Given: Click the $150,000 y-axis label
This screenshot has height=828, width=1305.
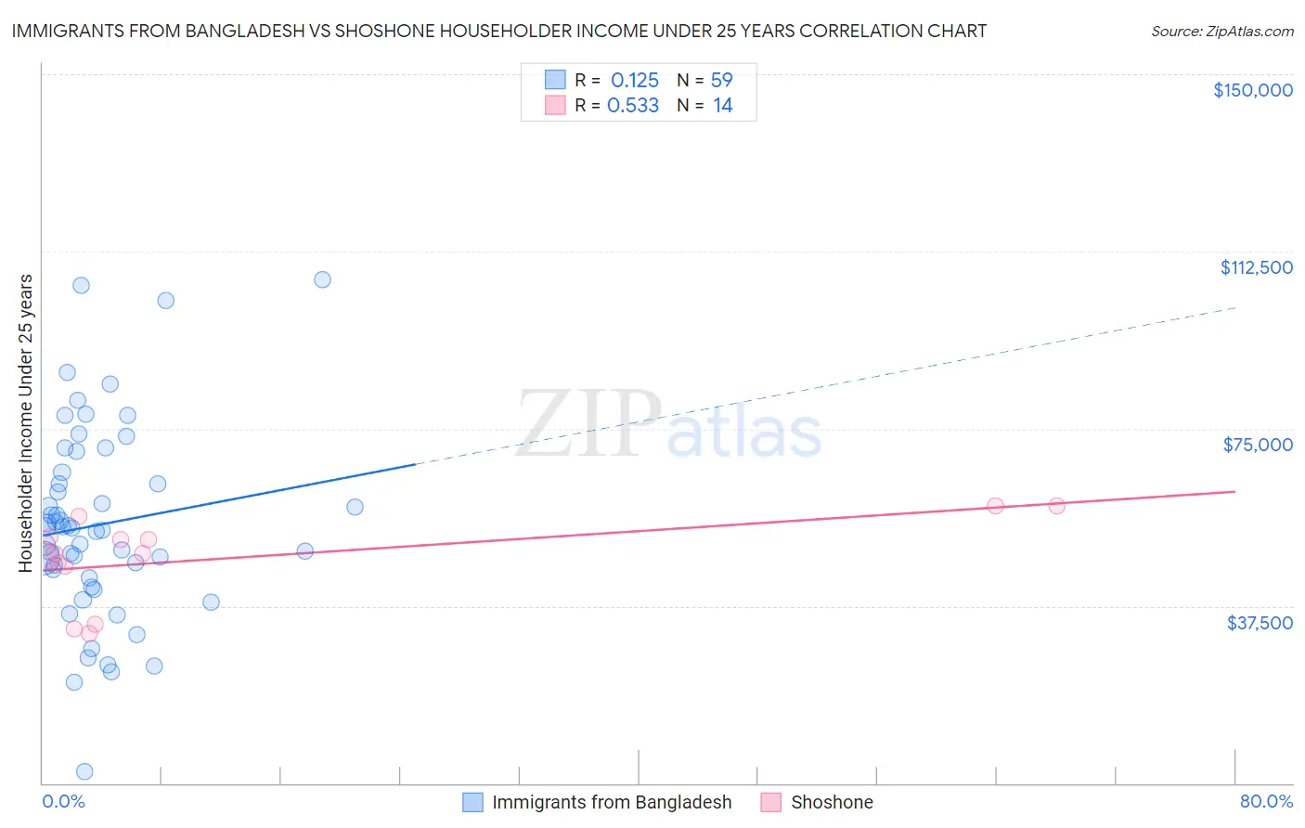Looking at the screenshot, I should [1252, 90].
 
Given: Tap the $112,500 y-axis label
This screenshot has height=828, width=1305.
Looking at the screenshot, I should [1256, 267].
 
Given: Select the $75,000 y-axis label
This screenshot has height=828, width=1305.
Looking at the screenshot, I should [1258, 445].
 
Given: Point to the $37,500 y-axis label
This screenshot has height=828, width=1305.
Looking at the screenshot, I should [1260, 623].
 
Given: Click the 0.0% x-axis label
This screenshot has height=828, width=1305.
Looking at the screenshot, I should [63, 802].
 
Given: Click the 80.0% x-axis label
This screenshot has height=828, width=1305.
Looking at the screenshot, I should [1266, 802].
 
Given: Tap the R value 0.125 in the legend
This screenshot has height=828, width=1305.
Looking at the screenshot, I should [635, 81].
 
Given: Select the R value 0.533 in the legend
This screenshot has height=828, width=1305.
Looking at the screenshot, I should [633, 106].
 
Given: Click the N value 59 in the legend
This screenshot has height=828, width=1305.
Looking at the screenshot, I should [722, 81].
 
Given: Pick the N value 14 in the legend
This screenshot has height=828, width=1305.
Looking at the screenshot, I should [723, 106].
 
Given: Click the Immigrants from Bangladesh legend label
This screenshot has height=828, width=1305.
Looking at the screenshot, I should [612, 803].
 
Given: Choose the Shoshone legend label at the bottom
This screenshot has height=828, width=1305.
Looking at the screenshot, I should [832, 803].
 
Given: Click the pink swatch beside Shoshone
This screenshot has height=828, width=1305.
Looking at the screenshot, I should [770, 803].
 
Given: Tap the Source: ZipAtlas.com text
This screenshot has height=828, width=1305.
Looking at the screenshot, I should [1221, 32].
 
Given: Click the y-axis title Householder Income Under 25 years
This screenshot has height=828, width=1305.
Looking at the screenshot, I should [26, 422].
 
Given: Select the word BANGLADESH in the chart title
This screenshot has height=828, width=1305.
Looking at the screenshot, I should [244, 32].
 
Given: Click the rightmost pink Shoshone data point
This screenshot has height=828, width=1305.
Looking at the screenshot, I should [1056, 506].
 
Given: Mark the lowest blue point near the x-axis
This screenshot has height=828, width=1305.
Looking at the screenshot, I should [84, 771].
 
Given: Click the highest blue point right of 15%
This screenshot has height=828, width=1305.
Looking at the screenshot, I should [322, 279].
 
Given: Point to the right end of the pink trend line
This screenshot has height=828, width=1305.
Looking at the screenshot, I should [1235, 491].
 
